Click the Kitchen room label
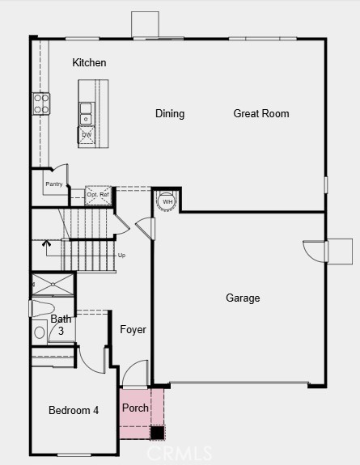coord(89,62)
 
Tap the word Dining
coord(170,113)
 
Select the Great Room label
coord(261,113)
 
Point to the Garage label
coord(243,298)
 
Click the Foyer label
coord(133,329)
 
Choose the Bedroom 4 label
coord(74,410)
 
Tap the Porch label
coord(135,408)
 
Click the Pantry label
coord(54,184)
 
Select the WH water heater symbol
coord(167,201)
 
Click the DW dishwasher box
coord(87,135)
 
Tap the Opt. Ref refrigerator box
coord(98,195)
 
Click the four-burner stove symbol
coord(41,104)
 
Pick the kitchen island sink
coord(86,113)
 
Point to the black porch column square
coord(157,433)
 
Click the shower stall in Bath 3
coord(53,285)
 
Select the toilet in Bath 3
coord(42,308)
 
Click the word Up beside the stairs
coord(121,255)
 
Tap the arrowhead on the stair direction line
coord(46,243)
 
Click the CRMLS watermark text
coord(180,454)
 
